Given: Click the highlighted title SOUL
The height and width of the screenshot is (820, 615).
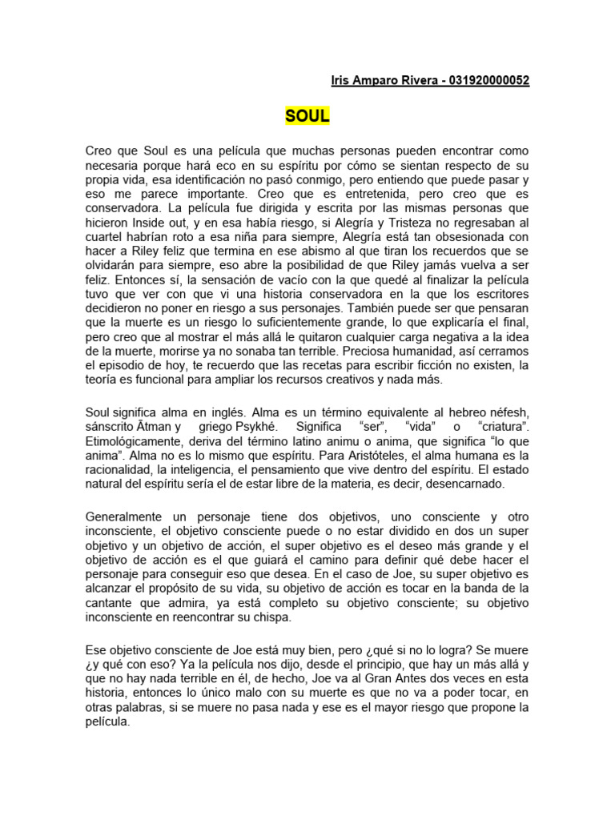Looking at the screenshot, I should click(307, 116).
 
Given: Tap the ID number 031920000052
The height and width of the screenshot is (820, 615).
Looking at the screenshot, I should click(489, 81).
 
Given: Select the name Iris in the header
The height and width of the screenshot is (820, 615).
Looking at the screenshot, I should click(342, 81).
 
